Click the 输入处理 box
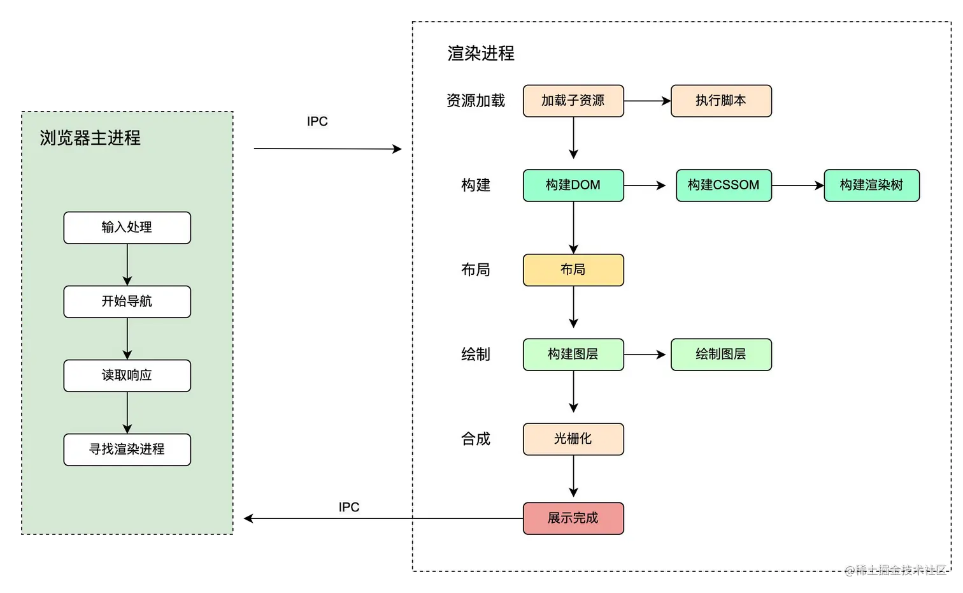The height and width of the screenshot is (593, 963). [127, 228]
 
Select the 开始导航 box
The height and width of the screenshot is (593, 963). [127, 302]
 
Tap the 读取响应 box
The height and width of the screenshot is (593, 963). [127, 376]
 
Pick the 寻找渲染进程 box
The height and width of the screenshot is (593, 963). [127, 450]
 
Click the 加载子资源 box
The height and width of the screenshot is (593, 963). [573, 101]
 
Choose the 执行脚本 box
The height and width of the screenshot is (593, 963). [721, 101]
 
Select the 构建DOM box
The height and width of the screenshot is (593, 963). [573, 186]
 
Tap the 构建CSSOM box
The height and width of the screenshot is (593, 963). [724, 186]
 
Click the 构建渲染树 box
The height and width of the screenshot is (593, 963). [871, 186]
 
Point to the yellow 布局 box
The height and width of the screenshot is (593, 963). [573, 270]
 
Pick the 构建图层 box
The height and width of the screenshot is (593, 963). [573, 355]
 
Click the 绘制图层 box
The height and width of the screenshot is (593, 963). [721, 355]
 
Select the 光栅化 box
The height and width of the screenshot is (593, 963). [573, 439]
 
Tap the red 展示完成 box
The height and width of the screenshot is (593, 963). [573, 518]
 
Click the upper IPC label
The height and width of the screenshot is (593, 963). [318, 122]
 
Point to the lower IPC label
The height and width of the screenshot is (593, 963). [348, 508]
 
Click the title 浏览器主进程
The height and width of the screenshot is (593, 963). [90, 138]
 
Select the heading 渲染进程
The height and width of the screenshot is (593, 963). [481, 54]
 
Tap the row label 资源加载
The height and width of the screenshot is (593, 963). [476, 101]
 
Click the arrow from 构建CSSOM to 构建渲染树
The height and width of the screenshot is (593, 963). [797, 186]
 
